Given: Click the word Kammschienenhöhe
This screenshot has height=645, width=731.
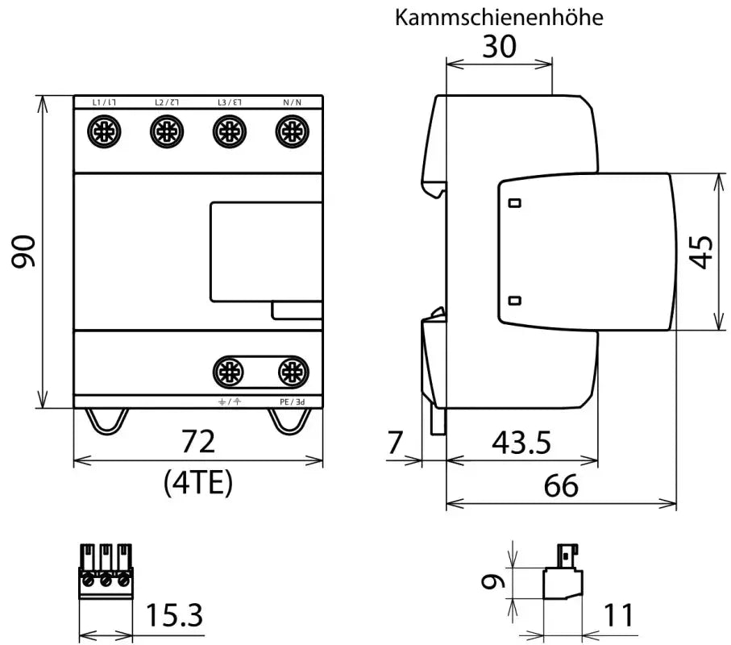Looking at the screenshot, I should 498,18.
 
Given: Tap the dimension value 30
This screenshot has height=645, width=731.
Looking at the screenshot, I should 500,48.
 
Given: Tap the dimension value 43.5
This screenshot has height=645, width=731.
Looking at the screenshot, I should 521,442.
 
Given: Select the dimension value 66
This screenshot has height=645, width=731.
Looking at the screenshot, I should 561,486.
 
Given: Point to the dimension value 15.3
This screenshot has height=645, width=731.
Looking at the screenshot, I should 174,617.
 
